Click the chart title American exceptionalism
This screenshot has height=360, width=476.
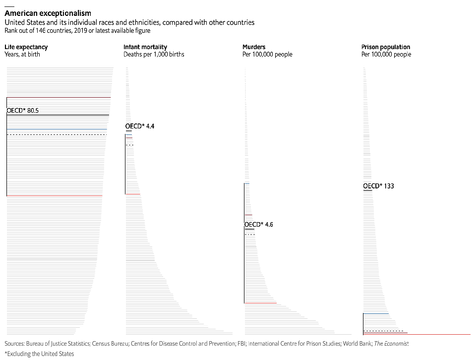[48, 13]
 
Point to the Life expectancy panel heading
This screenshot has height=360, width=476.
[26, 47]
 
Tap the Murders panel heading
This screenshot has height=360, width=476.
[254, 47]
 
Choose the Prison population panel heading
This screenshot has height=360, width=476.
[386, 47]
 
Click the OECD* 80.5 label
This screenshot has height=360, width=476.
[22, 111]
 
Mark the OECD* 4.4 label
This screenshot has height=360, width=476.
[140, 126]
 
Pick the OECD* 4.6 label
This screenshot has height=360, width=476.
[259, 225]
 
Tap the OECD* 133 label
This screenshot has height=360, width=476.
[378, 186]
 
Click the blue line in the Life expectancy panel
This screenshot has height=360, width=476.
[57, 129]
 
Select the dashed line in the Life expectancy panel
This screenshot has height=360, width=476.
[57, 134]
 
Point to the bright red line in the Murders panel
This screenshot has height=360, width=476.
[260, 302]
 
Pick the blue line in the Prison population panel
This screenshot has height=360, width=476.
[376, 313]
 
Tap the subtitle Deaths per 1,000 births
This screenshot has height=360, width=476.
[154, 54]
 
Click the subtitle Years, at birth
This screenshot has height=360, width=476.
[22, 54]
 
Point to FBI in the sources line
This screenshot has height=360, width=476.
[240, 343]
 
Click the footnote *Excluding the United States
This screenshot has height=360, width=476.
[39, 354]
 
